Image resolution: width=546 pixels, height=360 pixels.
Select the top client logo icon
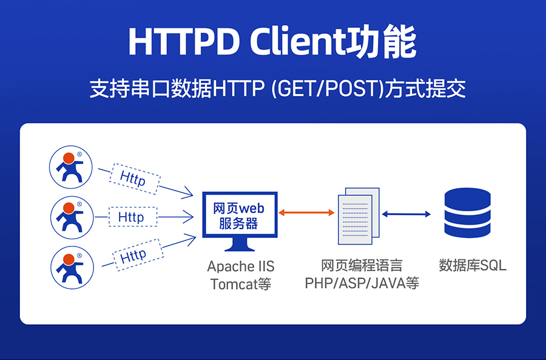pos(70,167)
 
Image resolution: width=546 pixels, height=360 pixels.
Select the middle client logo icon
pos(70,216)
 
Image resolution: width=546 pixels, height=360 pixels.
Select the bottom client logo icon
pos(70,266)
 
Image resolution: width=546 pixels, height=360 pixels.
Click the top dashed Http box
pos(134,177)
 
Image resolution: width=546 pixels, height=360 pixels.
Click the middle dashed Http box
pos(132,217)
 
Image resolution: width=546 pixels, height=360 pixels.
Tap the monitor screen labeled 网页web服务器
pos(238,216)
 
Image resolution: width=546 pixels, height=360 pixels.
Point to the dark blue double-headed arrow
pos(406,213)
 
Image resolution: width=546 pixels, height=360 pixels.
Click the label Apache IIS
pos(241,267)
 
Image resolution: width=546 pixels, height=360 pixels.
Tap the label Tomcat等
pos(241,284)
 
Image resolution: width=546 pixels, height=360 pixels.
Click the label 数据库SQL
pos(473,266)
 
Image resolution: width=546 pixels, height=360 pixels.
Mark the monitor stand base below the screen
pos(238,246)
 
